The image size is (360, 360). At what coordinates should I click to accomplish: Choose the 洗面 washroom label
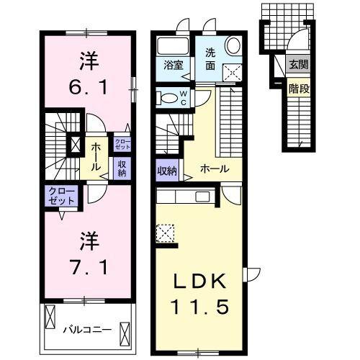coord(210,58)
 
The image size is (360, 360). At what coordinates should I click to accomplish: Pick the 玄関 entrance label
coord(297,64)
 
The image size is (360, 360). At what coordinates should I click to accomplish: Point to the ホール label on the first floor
coord(215,169)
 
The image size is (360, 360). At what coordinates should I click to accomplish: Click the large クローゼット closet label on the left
coord(61,196)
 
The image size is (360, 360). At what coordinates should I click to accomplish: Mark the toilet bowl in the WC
coord(165,98)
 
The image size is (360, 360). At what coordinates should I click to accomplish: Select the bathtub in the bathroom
coord(171,46)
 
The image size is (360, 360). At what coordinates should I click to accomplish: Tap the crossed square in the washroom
coord(232,72)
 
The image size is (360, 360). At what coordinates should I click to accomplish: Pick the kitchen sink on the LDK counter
coord(202,196)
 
